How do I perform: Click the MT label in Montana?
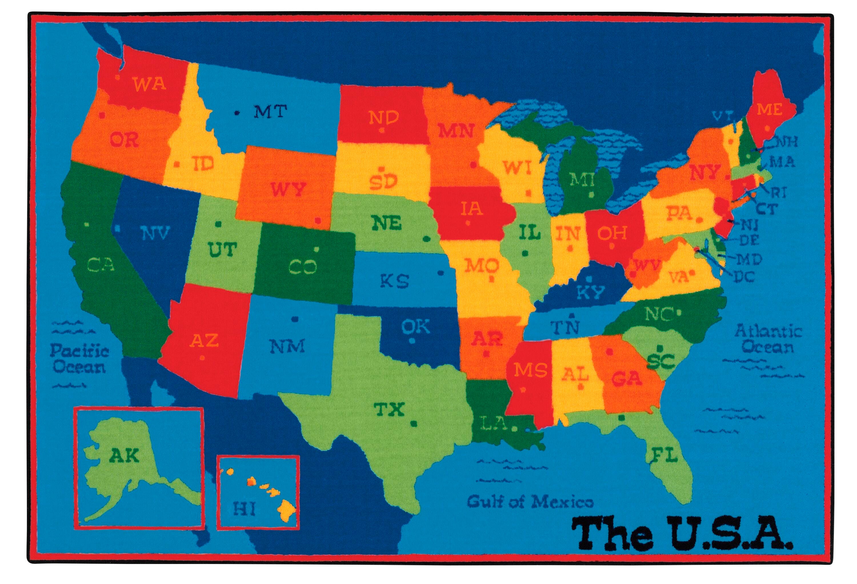270,111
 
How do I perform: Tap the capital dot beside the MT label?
237,113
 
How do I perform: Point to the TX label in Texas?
389,409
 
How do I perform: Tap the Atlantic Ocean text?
768,339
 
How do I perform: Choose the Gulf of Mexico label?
530,502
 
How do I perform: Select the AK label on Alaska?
124,456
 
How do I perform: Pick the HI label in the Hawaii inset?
244,509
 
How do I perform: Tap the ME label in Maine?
769,109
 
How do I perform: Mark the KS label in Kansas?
394,281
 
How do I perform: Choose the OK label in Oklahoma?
416,326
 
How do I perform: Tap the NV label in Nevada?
155,233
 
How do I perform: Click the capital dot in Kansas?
440,273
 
